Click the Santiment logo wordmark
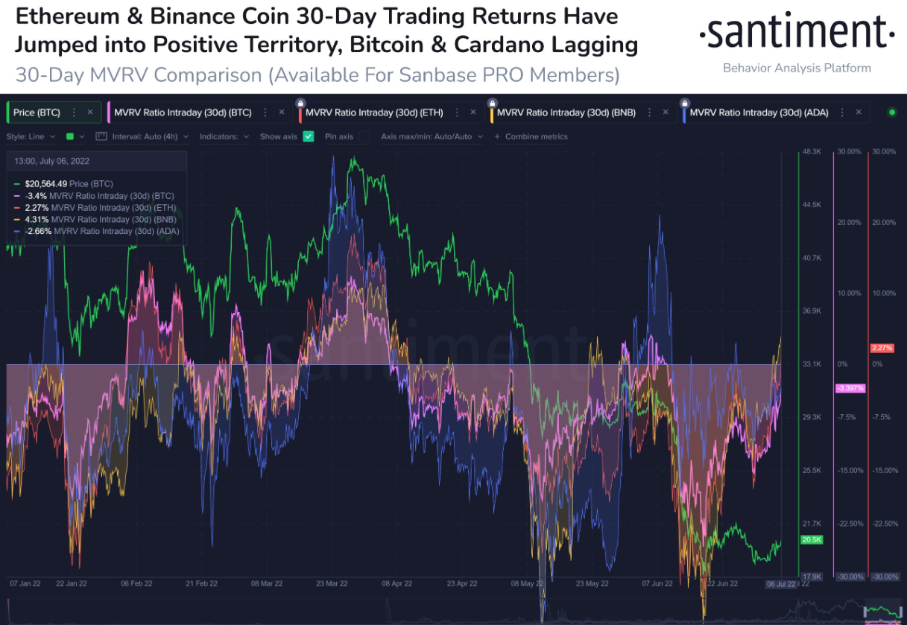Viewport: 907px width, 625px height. tap(796, 34)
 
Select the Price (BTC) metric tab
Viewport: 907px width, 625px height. tap(37, 112)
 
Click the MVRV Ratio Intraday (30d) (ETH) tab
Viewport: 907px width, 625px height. tap(374, 112)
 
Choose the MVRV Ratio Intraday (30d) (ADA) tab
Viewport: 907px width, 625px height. tap(759, 112)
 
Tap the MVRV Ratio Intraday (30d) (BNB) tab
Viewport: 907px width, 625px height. tap(566, 112)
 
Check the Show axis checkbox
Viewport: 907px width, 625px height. tap(309, 137)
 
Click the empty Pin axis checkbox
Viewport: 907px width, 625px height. tap(364, 137)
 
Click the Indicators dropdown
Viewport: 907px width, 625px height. tap(224, 137)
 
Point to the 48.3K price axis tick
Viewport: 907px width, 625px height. tap(811, 151)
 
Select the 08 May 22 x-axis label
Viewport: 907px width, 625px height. tap(527, 584)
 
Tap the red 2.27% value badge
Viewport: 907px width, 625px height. tap(881, 348)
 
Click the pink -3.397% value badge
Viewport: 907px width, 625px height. tap(850, 388)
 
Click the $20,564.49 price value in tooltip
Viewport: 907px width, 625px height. tap(46, 183)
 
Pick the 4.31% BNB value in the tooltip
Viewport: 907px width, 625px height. tap(37, 220)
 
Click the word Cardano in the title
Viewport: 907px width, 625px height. tap(528, 44)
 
